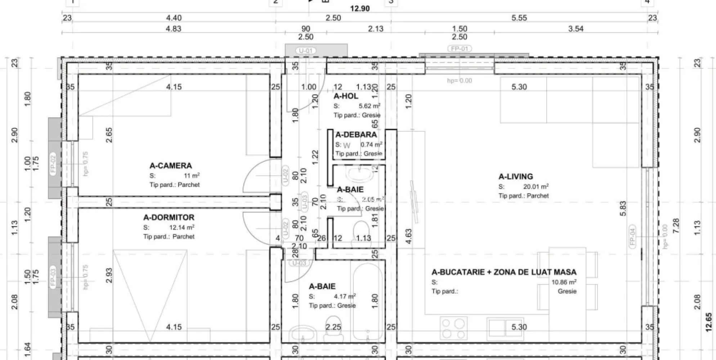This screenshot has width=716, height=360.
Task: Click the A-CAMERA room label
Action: pyautogui.click(x=170, y=166)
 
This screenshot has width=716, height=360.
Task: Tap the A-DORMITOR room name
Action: pyautogui.click(x=169, y=217)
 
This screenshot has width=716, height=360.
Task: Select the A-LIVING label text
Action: pyautogui.click(x=515, y=177)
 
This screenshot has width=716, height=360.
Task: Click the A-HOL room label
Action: pyautogui.click(x=346, y=96)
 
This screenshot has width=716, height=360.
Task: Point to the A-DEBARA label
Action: pyautogui.click(x=356, y=135)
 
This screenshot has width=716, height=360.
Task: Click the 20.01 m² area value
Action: pyautogui.click(x=536, y=186)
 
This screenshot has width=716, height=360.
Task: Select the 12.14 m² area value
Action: pyautogui.click(x=182, y=228)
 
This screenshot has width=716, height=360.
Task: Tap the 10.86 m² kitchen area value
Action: pyautogui.click(x=564, y=282)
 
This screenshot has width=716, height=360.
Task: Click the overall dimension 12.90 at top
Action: pyautogui.click(x=360, y=9)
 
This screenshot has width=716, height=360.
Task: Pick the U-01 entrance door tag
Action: pyautogui.click(x=306, y=51)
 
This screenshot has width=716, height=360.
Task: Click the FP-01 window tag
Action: pyautogui.click(x=460, y=49)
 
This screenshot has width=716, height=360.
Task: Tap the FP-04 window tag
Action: pyautogui.click(x=632, y=236)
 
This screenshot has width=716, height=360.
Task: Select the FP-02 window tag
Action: pyautogui.click(x=53, y=164)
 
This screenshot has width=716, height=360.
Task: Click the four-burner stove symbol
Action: pyautogui.click(x=453, y=328)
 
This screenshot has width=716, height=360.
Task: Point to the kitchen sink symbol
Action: pyautogui.click(x=505, y=328)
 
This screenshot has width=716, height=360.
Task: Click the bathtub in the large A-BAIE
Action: pyautogui.click(x=367, y=301)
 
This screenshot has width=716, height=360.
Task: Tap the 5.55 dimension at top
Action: pyautogui.click(x=519, y=18)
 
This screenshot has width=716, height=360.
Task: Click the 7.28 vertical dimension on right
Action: pyautogui.click(x=676, y=226)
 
